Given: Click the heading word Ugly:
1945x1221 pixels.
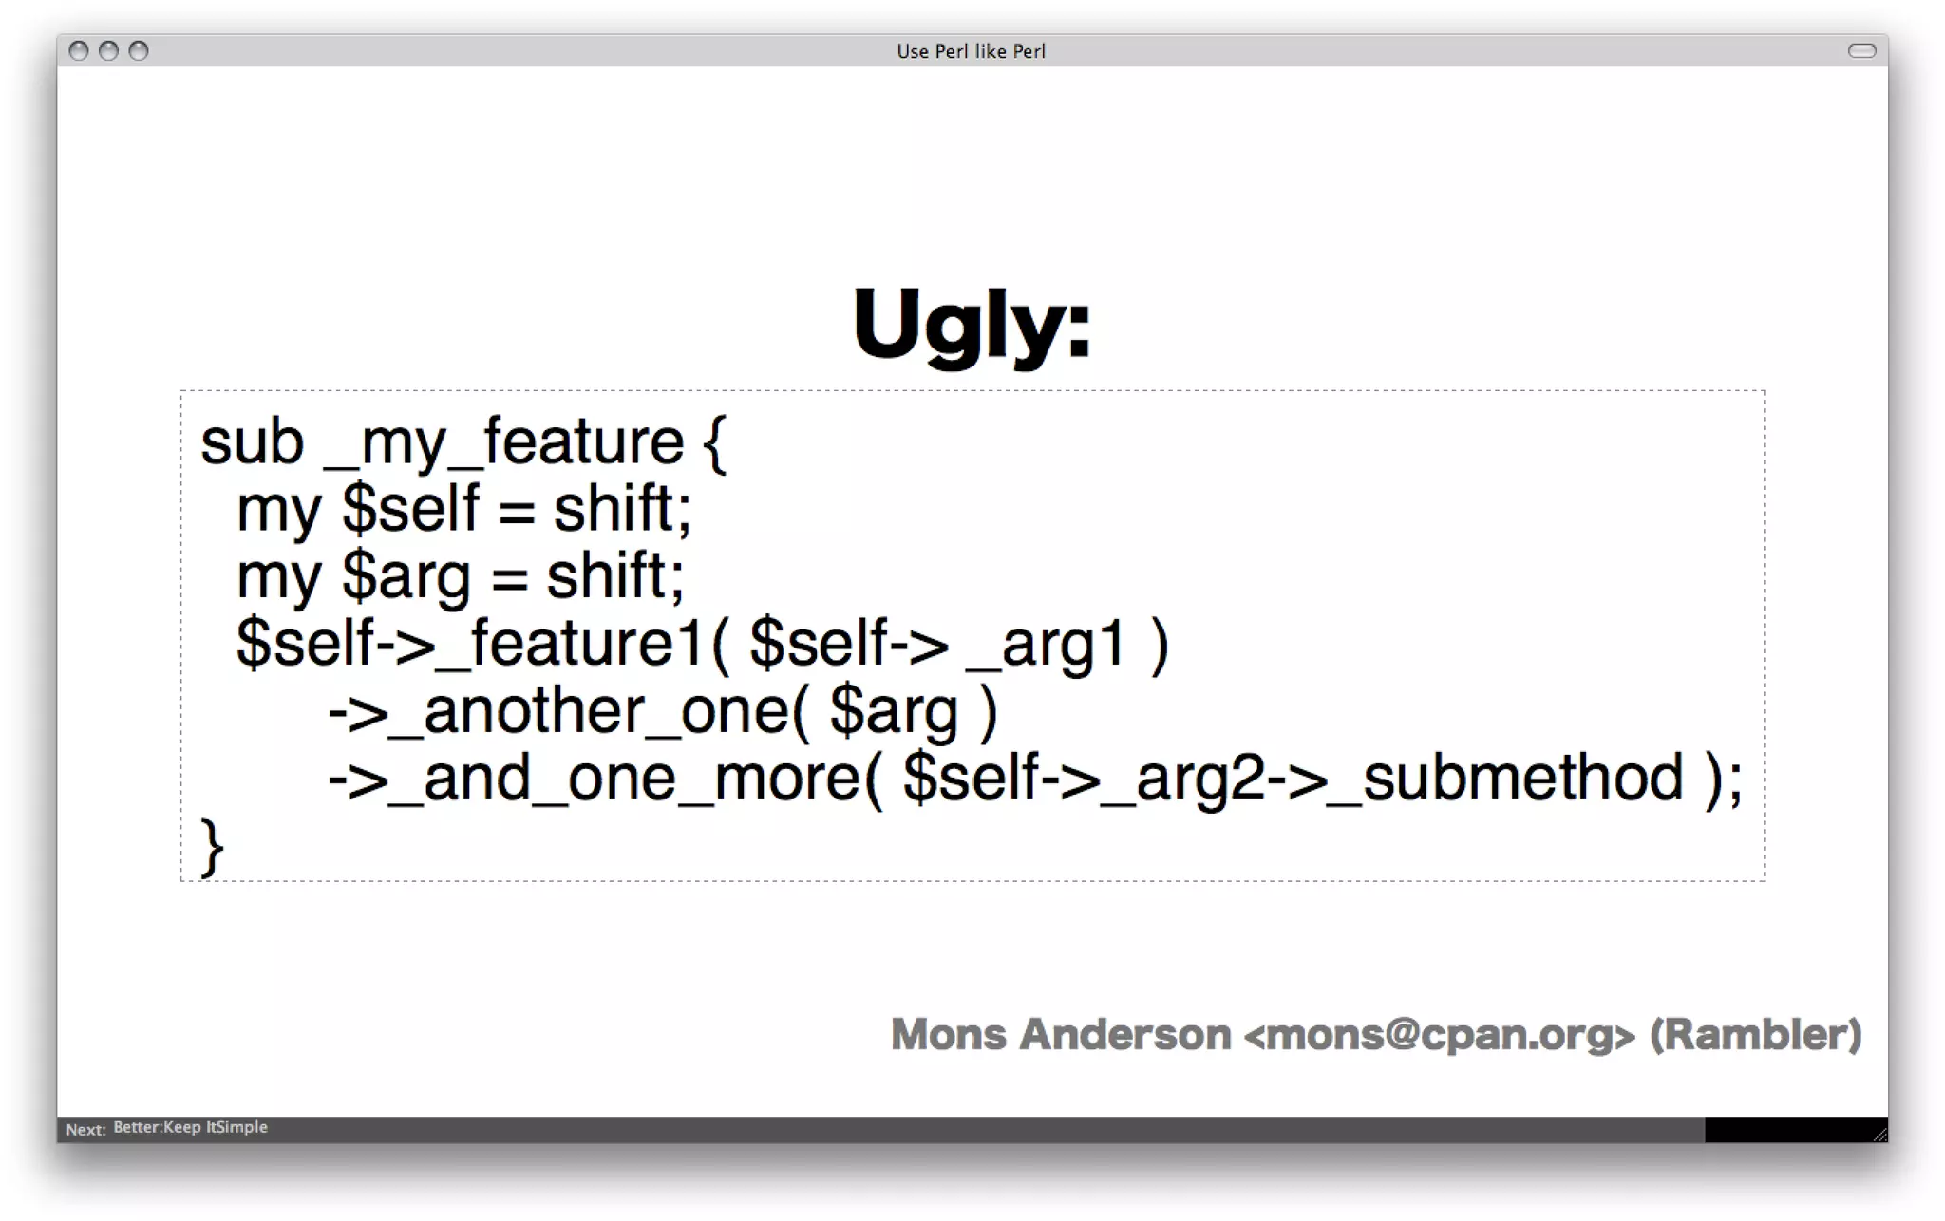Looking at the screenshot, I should (972, 325).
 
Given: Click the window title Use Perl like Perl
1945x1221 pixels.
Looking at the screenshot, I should (971, 51).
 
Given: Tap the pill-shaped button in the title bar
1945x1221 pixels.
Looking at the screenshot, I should (1861, 50).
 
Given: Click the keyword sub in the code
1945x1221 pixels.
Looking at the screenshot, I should (252, 442).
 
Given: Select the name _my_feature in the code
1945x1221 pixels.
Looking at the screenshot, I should (503, 444).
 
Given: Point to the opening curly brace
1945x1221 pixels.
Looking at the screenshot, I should (715, 442).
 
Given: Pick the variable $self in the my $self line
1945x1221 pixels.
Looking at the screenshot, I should (410, 509).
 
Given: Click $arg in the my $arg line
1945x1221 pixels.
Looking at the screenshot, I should (406, 576).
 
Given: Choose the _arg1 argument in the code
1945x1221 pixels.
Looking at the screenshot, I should (1046, 644).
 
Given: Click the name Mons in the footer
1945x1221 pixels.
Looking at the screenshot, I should (948, 1034).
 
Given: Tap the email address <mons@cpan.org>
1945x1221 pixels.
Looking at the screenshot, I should (1439, 1035).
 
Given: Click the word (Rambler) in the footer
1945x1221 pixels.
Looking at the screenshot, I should (1755, 1034).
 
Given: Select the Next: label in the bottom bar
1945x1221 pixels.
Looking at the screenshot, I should (85, 1129).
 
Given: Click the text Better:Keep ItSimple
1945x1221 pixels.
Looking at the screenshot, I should (190, 1127).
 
